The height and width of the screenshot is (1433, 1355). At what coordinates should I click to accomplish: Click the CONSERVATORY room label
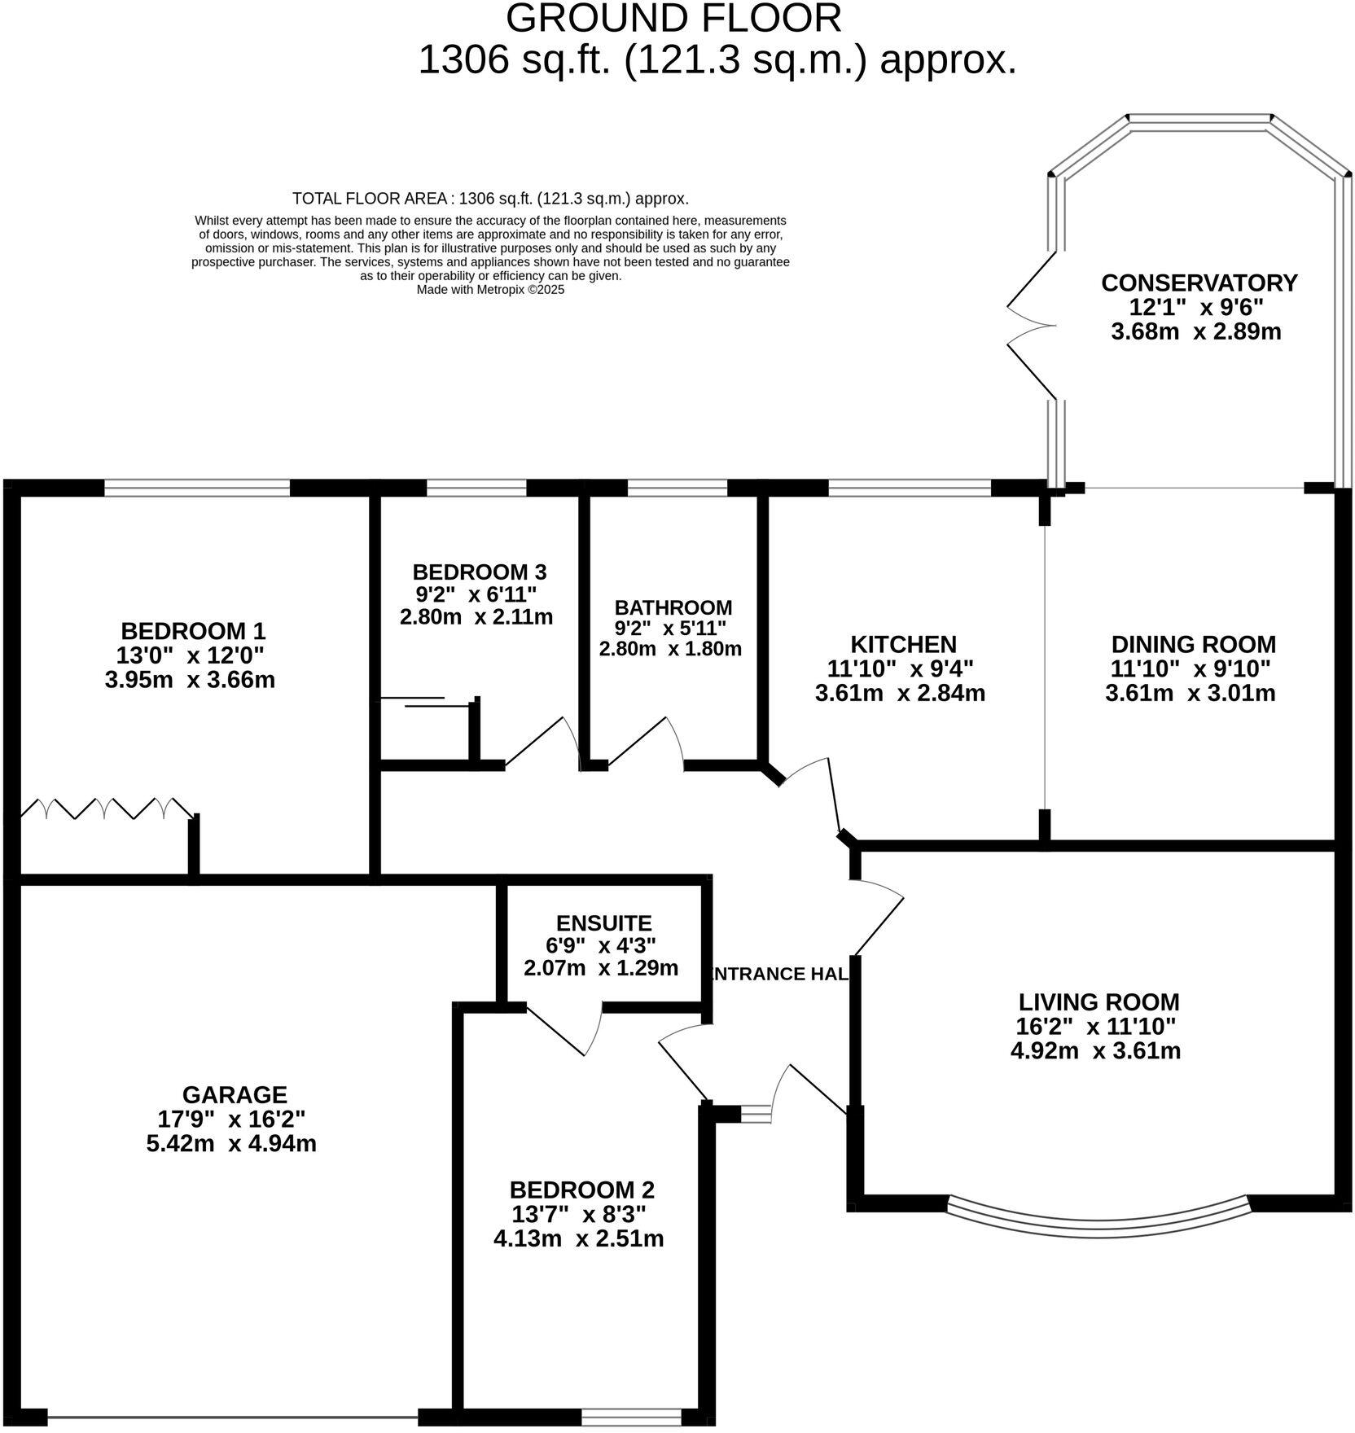(1199, 283)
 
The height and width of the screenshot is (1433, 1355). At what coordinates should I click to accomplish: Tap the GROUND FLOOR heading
(673, 20)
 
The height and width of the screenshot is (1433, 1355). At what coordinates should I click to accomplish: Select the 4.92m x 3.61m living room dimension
(1095, 1051)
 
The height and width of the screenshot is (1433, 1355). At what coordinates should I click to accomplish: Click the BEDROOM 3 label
(479, 572)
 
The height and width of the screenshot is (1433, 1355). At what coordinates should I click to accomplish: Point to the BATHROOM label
(673, 607)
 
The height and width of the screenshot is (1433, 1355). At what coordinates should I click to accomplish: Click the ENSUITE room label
(603, 923)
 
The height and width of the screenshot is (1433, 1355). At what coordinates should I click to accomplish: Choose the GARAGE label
(235, 1095)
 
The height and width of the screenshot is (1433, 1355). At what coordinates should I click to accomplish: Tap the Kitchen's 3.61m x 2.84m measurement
(900, 694)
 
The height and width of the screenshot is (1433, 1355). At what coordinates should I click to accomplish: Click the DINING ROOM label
(1193, 645)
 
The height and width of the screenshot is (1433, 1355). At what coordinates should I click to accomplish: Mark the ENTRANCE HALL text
(780, 974)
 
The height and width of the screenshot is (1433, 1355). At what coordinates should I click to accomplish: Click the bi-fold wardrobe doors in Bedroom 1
(106, 809)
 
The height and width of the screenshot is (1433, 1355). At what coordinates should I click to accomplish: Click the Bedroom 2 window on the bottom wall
(631, 1418)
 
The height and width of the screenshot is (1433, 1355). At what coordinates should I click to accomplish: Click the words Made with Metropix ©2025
(490, 289)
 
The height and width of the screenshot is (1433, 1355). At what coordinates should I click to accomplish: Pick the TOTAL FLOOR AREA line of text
(490, 198)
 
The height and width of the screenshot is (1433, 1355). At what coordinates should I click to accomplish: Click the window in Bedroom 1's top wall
(197, 488)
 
